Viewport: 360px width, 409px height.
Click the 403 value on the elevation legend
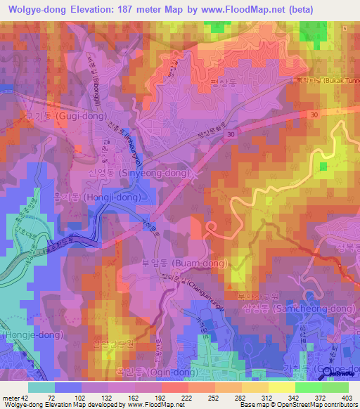click(x=346, y=397)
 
